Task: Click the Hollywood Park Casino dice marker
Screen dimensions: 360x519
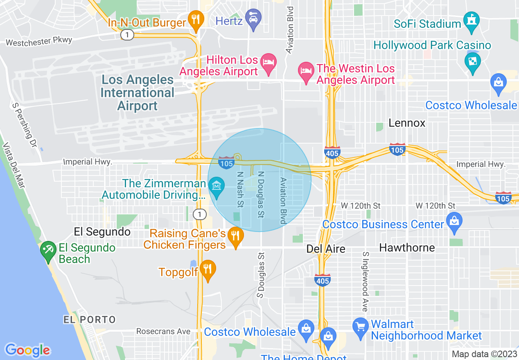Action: click(473, 62)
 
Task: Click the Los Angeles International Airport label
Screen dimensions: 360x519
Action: click(138, 92)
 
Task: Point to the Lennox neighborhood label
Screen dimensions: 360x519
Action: click(407, 123)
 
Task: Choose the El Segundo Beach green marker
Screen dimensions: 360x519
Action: click(48, 250)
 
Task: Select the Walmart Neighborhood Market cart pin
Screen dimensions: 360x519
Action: click(361, 328)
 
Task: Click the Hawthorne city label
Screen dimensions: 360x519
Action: click(407, 248)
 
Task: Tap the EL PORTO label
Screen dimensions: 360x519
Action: click(89, 319)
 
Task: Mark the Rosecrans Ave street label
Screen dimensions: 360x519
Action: click(163, 331)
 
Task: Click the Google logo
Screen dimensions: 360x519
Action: click(28, 350)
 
